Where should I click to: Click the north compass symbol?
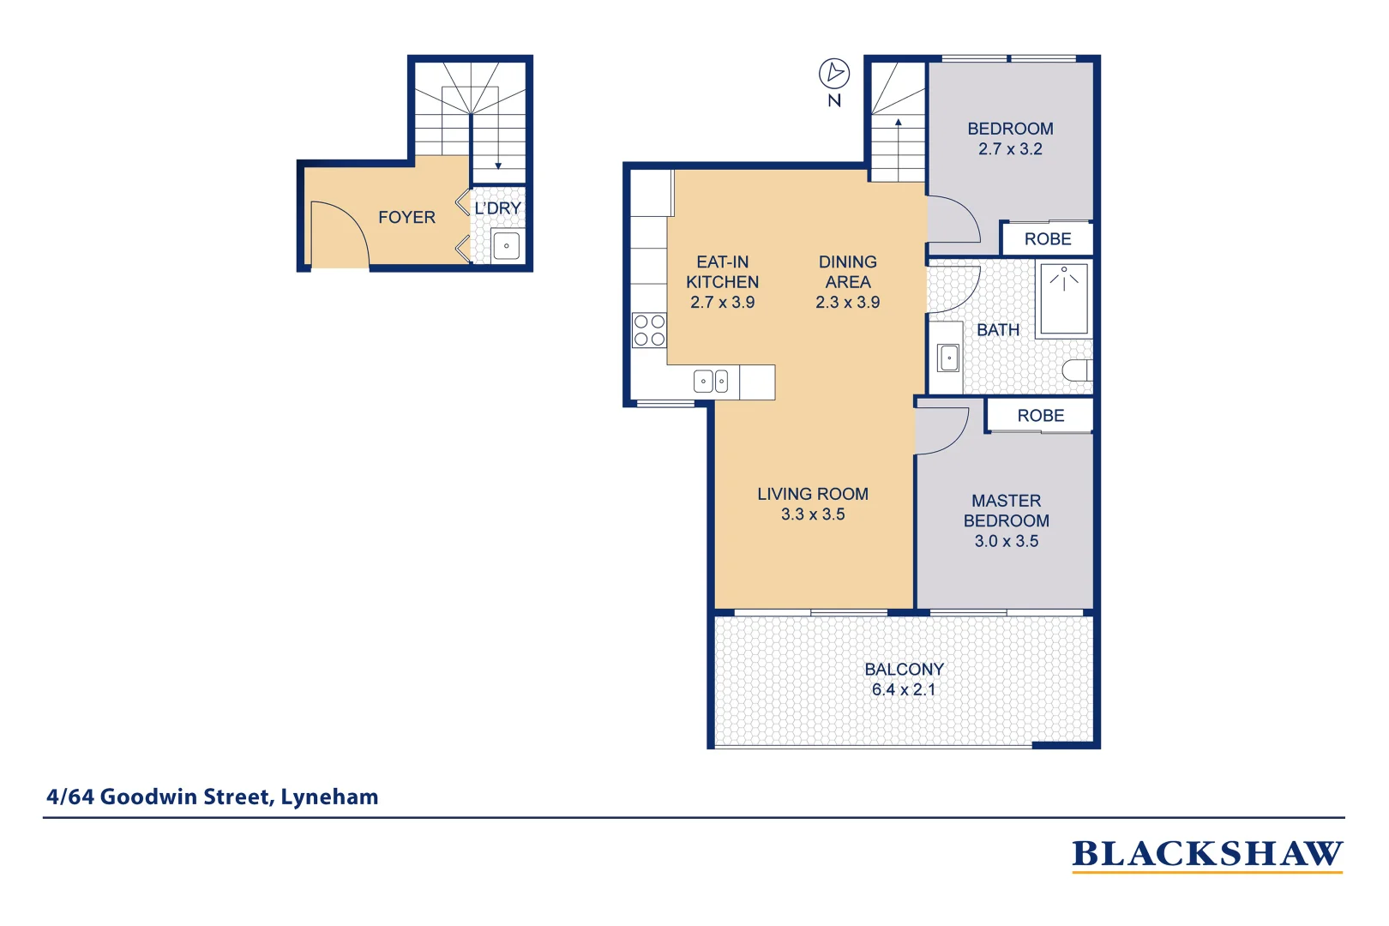tap(833, 74)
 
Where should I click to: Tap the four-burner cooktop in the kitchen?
tap(649, 330)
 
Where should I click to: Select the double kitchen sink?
tap(711, 381)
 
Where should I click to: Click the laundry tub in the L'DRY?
tap(506, 245)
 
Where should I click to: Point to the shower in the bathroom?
tap(1063, 299)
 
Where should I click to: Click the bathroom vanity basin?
tap(948, 358)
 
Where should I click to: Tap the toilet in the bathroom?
tap(1077, 370)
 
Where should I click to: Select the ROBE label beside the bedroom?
tap(1048, 239)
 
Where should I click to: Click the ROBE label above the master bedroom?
tap(1040, 416)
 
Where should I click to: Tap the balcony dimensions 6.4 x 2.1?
tap(903, 689)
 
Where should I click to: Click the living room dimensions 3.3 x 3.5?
tap(812, 514)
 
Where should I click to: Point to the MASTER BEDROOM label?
tap(1006, 510)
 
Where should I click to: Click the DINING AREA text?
tap(847, 272)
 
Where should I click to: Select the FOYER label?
tap(406, 218)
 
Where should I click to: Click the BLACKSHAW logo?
tap(1206, 855)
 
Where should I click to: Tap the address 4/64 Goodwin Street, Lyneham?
tap(212, 797)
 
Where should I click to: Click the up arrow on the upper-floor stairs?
tap(899, 124)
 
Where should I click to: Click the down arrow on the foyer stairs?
tap(498, 165)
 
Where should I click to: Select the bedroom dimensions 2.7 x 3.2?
tap(1010, 149)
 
